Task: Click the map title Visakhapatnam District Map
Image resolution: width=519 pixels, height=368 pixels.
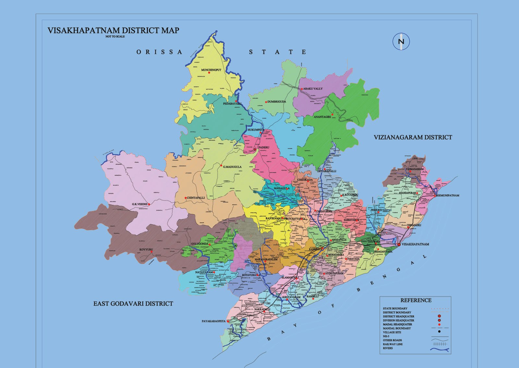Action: click(x=113, y=31)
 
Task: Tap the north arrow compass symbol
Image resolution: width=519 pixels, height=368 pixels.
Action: click(x=401, y=42)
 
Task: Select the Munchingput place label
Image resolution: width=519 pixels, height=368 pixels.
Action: click(x=211, y=70)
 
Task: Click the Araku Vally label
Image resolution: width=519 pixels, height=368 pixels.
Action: click(x=313, y=89)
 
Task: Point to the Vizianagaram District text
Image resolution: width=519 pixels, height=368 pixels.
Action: click(x=413, y=138)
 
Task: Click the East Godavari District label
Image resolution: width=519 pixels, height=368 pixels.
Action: click(x=133, y=304)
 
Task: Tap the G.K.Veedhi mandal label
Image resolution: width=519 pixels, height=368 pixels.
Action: click(x=139, y=204)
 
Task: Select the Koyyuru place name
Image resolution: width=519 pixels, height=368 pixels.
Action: click(x=146, y=250)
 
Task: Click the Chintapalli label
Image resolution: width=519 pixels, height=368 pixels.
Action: click(x=196, y=198)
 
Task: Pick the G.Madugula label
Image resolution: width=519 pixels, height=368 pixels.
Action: click(x=232, y=167)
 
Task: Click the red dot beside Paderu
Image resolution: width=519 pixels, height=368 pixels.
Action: click(x=255, y=150)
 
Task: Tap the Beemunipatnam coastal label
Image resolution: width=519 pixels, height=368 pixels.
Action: click(x=447, y=196)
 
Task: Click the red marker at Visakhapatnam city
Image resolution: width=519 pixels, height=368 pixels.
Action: click(x=399, y=244)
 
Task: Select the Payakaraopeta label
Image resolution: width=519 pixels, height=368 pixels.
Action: click(x=213, y=321)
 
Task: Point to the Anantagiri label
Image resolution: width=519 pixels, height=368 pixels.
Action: click(x=322, y=117)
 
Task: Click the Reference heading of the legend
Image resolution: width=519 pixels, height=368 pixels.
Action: click(x=416, y=300)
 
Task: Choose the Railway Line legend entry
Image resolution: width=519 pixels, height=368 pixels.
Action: click(x=392, y=344)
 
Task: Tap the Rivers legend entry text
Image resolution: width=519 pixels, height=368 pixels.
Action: click(x=388, y=348)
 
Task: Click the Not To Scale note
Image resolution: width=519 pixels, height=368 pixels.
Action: click(x=115, y=37)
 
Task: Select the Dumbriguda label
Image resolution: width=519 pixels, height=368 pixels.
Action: click(x=277, y=102)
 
